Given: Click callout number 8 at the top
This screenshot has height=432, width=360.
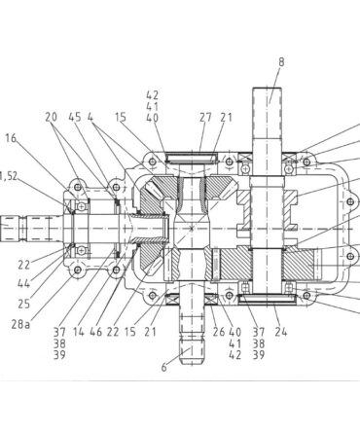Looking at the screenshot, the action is (x=281, y=62).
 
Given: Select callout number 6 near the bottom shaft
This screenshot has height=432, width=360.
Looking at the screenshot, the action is (x=164, y=368).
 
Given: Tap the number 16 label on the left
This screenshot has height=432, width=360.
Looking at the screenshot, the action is (x=11, y=138).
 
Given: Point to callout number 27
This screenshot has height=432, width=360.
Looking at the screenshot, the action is (x=205, y=118).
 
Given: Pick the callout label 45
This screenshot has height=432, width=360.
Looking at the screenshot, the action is (x=75, y=117).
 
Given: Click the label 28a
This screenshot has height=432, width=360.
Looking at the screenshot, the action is (x=20, y=324).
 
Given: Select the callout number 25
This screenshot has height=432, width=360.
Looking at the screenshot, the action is (x=24, y=304).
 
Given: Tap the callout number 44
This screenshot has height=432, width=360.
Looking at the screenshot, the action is (x=23, y=284).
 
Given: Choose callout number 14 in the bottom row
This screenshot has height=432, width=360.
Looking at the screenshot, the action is (x=79, y=332).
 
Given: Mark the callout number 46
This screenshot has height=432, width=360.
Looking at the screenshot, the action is (x=96, y=332).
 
